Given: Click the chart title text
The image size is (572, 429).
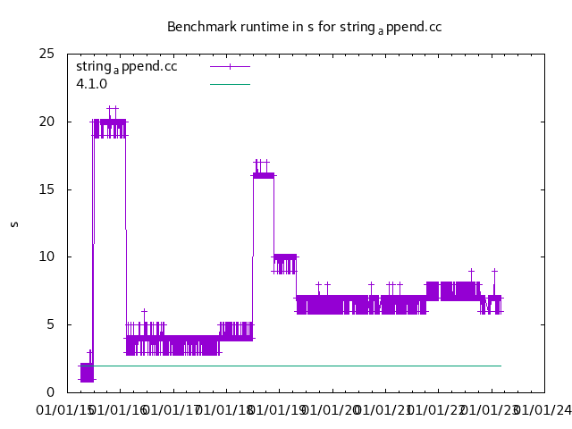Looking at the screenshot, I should click(x=304, y=27).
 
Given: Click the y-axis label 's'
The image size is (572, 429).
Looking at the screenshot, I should click(x=14, y=223).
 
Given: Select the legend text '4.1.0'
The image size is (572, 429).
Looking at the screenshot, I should click(x=91, y=84).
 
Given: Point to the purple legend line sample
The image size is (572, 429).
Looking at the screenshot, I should click(x=230, y=66).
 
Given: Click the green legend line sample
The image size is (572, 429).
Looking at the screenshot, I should click(x=230, y=84).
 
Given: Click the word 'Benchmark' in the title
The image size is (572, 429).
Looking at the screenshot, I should click(x=198, y=27).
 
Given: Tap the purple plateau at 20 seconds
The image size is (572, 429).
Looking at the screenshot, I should click(x=109, y=122).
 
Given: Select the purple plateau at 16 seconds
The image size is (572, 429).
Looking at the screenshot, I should click(x=264, y=175).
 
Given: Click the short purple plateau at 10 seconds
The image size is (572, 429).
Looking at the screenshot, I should click(x=284, y=257).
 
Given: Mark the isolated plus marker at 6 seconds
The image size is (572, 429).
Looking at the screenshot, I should click(x=144, y=311).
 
